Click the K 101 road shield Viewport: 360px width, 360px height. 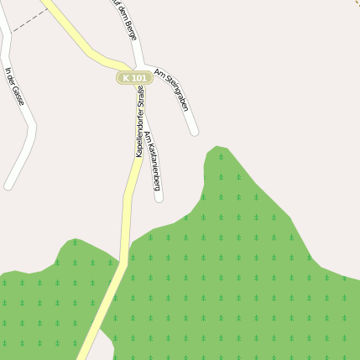[x=134, y=78]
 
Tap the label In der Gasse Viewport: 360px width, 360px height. [x=14, y=86]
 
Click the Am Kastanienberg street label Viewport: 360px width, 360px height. [x=152, y=160]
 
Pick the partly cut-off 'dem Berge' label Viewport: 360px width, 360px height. [x=124, y=18]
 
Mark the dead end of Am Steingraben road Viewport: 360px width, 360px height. [x=195, y=131]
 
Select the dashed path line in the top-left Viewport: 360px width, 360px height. [x=27, y=23]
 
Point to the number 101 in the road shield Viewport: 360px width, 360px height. [x=139, y=78]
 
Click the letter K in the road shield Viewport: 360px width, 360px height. [x=126, y=78]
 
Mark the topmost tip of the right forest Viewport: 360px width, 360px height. [x=217, y=147]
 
